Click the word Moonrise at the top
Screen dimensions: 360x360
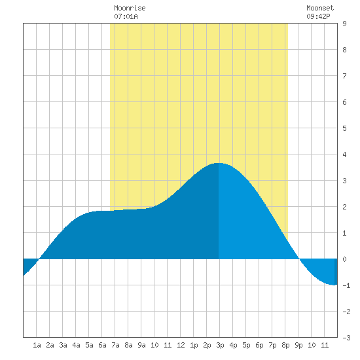point(130,8)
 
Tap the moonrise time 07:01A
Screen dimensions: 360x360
point(126,16)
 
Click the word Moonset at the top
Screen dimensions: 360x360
point(320,8)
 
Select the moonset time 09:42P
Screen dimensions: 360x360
point(319,16)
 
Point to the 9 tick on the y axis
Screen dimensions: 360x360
point(344,24)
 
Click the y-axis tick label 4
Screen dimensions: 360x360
point(344,154)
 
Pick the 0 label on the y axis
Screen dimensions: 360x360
point(344,259)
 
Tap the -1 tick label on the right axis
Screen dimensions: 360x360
point(346,285)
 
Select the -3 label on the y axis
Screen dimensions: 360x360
point(346,338)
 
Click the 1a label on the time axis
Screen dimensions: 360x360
point(37,345)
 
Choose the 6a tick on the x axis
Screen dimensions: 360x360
point(102,345)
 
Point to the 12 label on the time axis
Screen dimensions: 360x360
point(181,345)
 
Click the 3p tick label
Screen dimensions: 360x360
point(220,345)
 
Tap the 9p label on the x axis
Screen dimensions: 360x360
point(298,345)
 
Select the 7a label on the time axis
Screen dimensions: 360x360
point(115,345)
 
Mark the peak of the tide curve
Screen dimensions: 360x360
point(219,163)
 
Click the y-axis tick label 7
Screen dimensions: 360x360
point(344,76)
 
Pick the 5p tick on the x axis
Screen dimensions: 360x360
point(246,345)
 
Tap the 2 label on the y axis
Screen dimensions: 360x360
point(344,207)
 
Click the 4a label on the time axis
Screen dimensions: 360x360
point(76,345)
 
